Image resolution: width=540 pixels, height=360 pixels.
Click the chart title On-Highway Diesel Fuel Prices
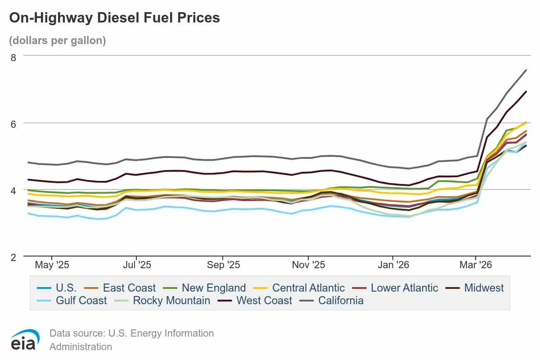click(x=115, y=18)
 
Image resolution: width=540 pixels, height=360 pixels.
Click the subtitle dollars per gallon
click(x=58, y=40)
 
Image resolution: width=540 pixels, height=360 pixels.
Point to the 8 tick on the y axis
click(x=13, y=57)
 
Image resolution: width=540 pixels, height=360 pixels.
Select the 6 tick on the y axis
click(x=13, y=123)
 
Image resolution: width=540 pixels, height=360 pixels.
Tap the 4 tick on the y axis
click(x=13, y=190)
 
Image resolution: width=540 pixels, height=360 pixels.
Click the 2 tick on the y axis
click(x=13, y=257)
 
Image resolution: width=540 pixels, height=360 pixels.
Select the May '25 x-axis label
click(x=52, y=265)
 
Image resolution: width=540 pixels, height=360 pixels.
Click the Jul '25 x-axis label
click(x=137, y=265)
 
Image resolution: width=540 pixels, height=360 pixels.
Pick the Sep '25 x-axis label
click(x=223, y=265)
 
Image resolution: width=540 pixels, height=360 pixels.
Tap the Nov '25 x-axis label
click(x=308, y=265)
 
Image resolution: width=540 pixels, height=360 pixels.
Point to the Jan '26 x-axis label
click(x=394, y=265)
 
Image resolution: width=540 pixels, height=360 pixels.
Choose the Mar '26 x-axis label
click(x=476, y=265)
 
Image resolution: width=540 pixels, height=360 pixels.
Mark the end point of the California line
click(x=526, y=70)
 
